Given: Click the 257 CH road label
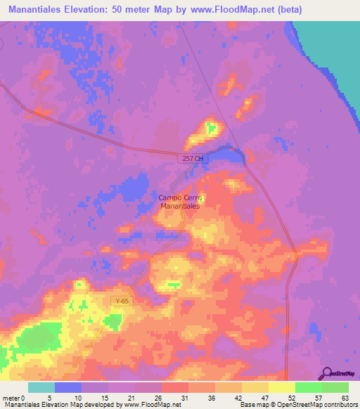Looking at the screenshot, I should point(191,160).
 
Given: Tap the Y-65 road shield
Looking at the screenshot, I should point(122,301).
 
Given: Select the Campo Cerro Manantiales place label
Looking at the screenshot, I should point(179,202).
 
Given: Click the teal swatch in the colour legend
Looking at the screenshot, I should point(41,387).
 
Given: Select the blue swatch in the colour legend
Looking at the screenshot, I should point(68,387).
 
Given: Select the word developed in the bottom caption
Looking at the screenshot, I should point(103,405).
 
